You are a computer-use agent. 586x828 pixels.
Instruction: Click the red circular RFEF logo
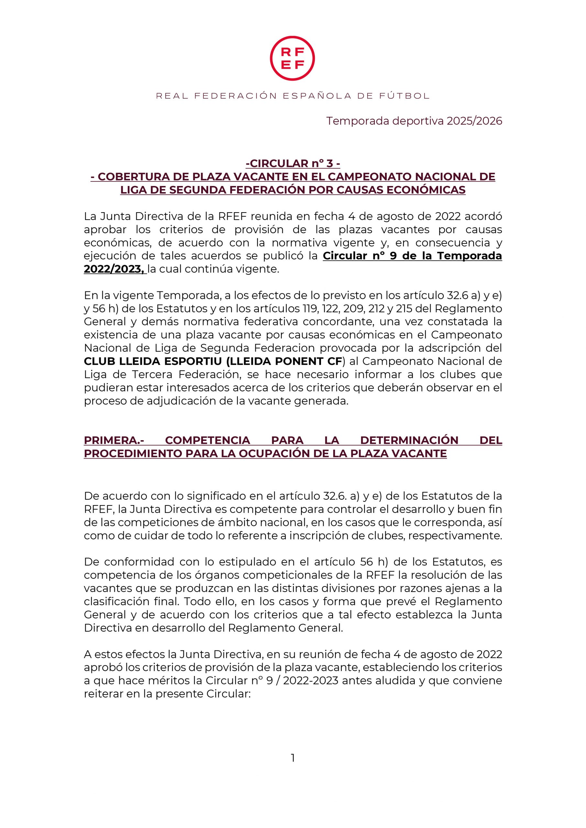(x=292, y=58)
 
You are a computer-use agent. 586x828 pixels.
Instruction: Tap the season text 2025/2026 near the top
(x=474, y=121)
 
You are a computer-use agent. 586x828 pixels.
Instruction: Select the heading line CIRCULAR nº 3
(x=293, y=163)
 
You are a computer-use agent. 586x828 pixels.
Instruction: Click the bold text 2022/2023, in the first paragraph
(x=115, y=269)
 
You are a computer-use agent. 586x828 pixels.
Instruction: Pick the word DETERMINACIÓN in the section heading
(x=409, y=440)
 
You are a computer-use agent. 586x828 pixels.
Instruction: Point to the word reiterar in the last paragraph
(x=103, y=693)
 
